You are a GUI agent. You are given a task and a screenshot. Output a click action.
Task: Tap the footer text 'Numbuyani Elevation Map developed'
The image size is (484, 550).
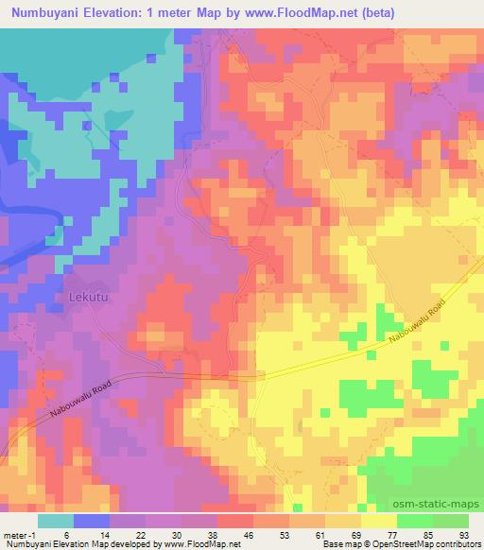71,544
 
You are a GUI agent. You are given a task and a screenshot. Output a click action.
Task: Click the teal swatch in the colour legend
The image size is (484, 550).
56,520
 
